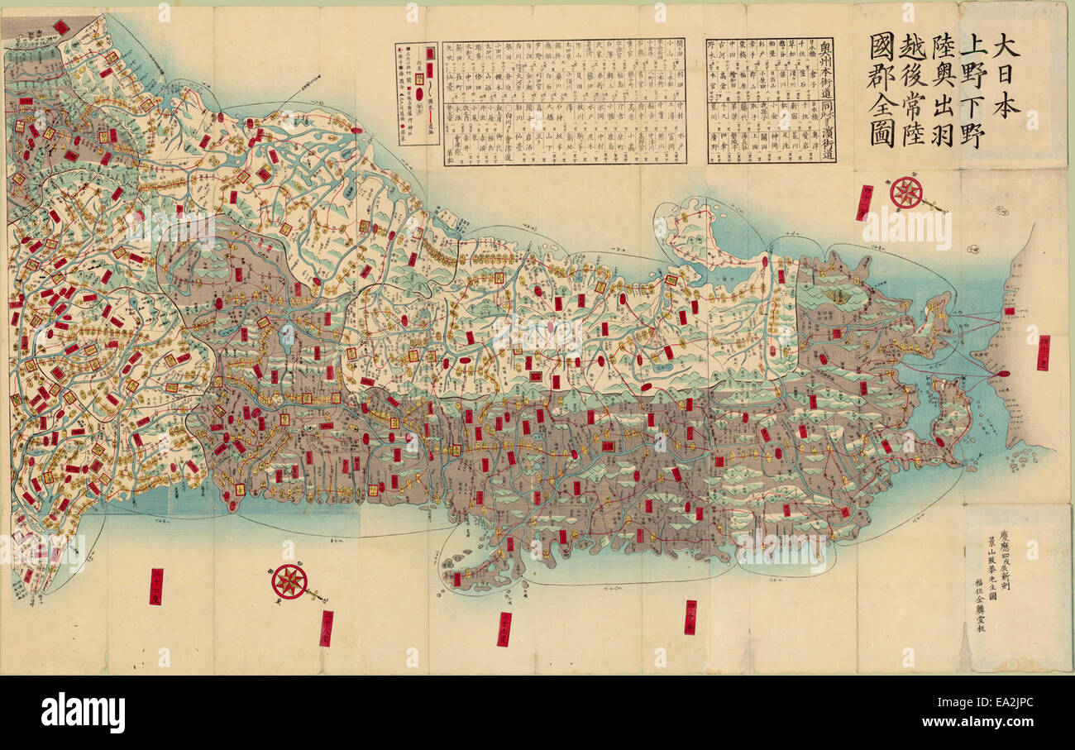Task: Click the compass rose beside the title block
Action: tap(906, 193)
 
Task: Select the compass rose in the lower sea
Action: tap(289, 581)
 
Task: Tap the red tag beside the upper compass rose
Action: tap(865, 203)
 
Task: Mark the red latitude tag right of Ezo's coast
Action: tap(1042, 347)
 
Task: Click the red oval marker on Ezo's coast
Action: tap(1003, 374)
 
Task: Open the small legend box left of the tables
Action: tap(417, 93)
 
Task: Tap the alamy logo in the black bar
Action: tap(83, 713)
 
